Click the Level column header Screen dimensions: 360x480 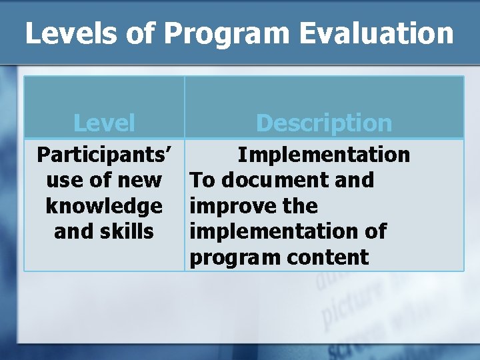tap(104, 123)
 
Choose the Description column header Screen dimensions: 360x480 tap(324, 123)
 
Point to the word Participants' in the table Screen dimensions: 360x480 tap(104, 155)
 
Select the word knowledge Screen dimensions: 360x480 tap(104, 206)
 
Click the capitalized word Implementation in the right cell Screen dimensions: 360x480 tap(324, 155)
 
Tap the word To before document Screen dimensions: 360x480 tap(203, 180)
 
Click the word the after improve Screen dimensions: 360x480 tap(300, 206)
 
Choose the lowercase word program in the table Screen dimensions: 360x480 tap(231, 257)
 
